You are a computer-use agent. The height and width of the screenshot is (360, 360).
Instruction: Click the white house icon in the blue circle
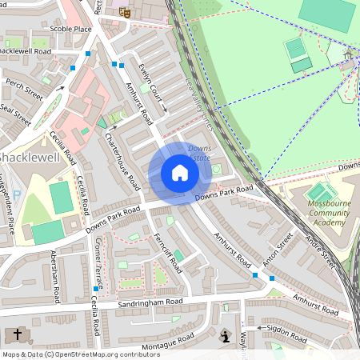click(x=180, y=173)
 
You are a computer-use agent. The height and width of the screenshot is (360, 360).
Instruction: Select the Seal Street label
click(x=15, y=115)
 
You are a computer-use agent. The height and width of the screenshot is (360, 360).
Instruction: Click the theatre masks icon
click(x=124, y=12)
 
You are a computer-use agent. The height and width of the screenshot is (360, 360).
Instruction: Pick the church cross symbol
click(x=18, y=334)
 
